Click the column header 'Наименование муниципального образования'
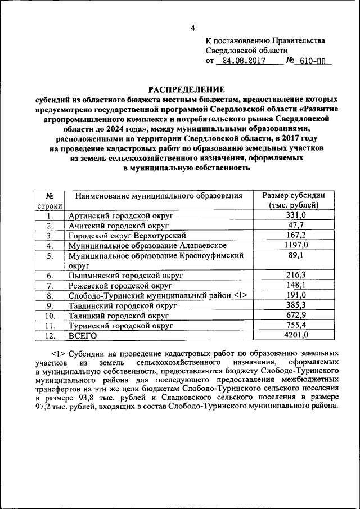coord(159,196)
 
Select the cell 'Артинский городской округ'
coord(120,215)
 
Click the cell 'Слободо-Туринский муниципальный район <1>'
coord(158,295)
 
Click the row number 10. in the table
coord(49,316)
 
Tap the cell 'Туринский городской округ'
coord(120,326)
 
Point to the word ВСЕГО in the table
coord(83,336)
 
